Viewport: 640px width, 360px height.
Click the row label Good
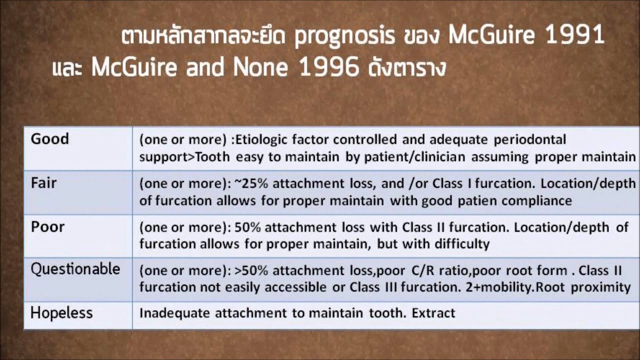tap(50, 139)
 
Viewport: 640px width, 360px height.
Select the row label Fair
tap(44, 183)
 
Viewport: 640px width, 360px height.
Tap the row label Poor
tap(48, 226)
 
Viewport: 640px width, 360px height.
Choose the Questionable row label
tap(75, 269)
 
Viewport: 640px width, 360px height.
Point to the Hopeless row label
tap(62, 313)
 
